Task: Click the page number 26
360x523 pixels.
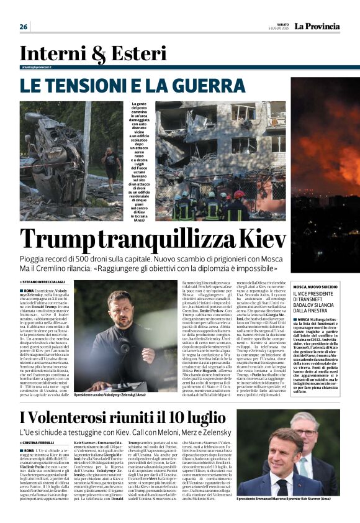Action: pyautogui.click(x=24, y=27)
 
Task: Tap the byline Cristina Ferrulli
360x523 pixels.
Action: pyautogui.click(x=43, y=442)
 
